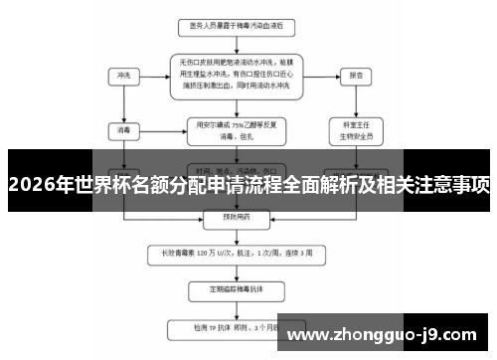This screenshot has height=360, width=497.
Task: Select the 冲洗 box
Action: tap(124, 75)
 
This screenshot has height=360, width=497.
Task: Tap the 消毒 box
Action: tap(124, 129)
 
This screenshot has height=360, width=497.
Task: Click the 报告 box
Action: tap(355, 75)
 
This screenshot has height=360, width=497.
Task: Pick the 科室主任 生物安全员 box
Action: tap(355, 128)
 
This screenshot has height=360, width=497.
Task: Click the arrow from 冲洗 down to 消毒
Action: tap(124, 101)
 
